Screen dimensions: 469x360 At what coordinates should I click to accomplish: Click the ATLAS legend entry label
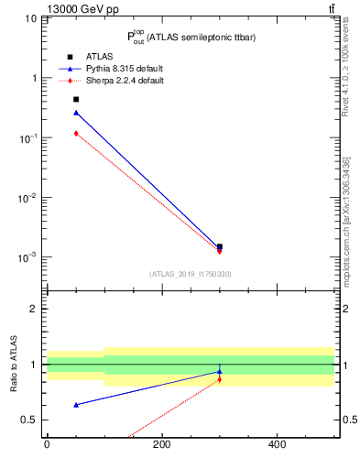[x=100, y=57]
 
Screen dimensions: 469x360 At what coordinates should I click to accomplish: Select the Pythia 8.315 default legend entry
[x=125, y=69]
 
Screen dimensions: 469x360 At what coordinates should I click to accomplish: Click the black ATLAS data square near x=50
[x=76, y=99]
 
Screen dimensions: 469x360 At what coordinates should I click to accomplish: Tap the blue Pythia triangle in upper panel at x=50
[x=76, y=113]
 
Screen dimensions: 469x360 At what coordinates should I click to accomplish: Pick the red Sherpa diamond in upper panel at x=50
[x=76, y=133]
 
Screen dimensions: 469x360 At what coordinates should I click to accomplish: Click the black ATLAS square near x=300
[x=220, y=246]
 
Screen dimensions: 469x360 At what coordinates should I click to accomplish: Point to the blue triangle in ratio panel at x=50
[x=76, y=404]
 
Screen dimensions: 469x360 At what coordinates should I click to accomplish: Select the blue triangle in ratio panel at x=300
[x=220, y=371]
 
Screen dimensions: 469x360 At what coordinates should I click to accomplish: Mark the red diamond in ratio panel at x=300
[x=220, y=379]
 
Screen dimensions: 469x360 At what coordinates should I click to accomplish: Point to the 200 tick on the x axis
[x=162, y=444]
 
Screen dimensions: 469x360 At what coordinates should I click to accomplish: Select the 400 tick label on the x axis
[x=277, y=444]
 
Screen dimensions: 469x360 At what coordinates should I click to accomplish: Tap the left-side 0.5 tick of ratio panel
[x=31, y=420]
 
